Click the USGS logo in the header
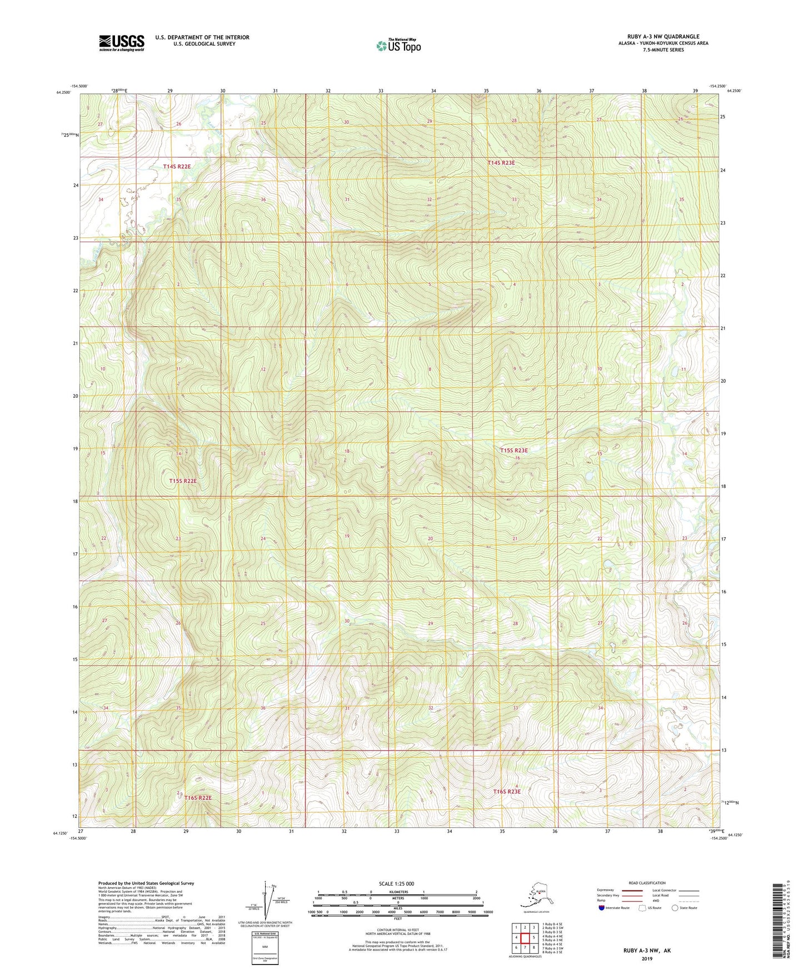(x=121, y=43)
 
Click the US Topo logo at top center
(x=398, y=45)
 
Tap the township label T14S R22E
(x=177, y=166)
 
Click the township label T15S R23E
(x=513, y=451)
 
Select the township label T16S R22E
(x=198, y=797)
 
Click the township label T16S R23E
(x=507, y=791)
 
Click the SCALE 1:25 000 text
(x=396, y=883)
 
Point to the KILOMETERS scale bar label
(x=397, y=892)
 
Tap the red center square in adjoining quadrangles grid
(x=525, y=938)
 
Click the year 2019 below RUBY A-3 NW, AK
(x=647, y=958)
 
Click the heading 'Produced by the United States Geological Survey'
(x=146, y=883)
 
